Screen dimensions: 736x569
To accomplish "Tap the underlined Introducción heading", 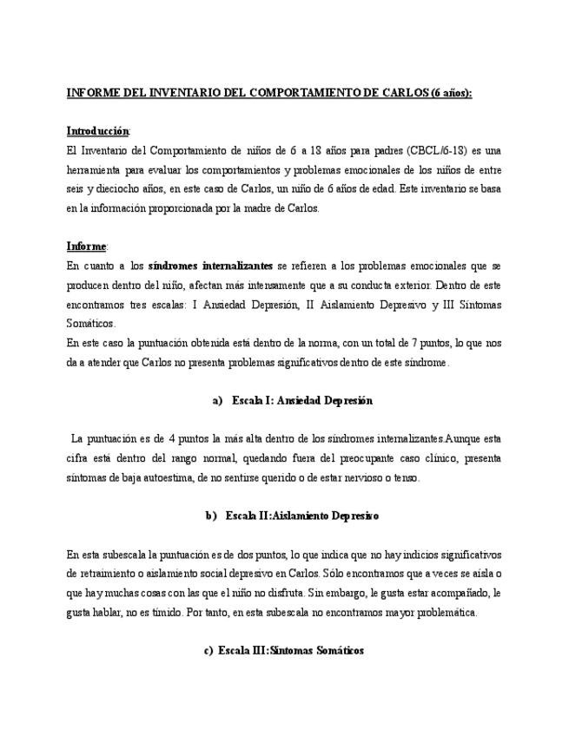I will (98, 132).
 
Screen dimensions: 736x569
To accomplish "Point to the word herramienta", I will (93, 169).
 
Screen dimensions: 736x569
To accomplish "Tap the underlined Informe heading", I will (86, 246).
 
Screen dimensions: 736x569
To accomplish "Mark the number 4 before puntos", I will (174, 438).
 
